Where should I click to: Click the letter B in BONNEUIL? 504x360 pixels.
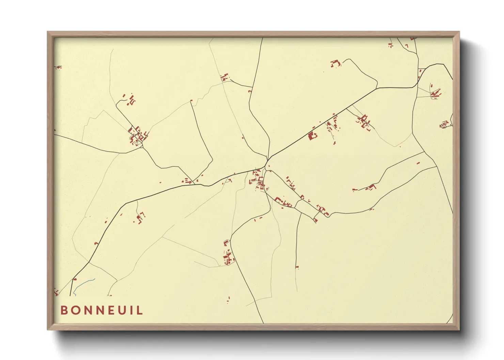pyautogui.click(x=63, y=310)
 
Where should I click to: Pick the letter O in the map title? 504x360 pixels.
pyautogui.click(x=75, y=310)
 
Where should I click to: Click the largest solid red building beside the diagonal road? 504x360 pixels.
pyautogui.click(x=312, y=136)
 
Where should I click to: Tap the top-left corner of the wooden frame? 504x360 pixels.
pyautogui.click(x=48, y=32)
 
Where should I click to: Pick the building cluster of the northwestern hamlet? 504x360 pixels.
pyautogui.click(x=138, y=135)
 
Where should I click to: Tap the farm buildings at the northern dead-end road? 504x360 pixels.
pyautogui.click(x=336, y=63)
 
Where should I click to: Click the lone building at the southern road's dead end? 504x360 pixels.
pyautogui.click(x=297, y=267)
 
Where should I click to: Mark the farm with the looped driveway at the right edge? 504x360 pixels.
pyautogui.click(x=444, y=125)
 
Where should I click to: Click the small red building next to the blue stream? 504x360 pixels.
pyautogui.click(x=75, y=279)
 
